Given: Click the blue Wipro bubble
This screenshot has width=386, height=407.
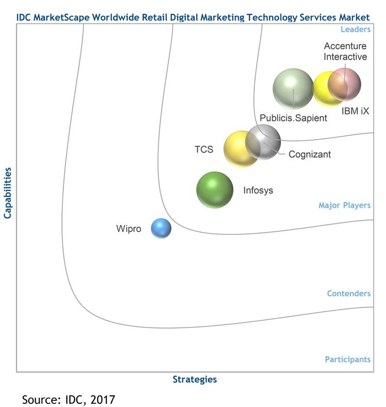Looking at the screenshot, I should (161, 228).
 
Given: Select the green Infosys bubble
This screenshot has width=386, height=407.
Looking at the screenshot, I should (215, 190).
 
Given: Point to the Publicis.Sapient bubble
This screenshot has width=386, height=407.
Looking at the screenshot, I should (293, 89).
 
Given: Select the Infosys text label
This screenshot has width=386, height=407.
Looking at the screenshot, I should (258, 191).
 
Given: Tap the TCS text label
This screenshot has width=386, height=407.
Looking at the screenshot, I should (204, 150).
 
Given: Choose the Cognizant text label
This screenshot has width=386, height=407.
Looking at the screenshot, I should (310, 154).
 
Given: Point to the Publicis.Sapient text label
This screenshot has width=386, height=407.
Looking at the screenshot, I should (293, 118).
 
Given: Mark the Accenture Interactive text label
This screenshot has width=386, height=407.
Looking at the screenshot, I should (345, 52).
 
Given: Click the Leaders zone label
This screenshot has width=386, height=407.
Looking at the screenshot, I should (356, 29).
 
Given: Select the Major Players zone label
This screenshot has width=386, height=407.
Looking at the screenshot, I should (344, 206).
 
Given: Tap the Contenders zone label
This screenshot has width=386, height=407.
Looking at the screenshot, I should (348, 294).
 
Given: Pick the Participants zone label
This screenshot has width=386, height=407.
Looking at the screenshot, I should (347, 360).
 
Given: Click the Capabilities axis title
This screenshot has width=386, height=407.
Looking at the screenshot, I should (8, 192).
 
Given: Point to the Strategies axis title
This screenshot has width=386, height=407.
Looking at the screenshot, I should (195, 380).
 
